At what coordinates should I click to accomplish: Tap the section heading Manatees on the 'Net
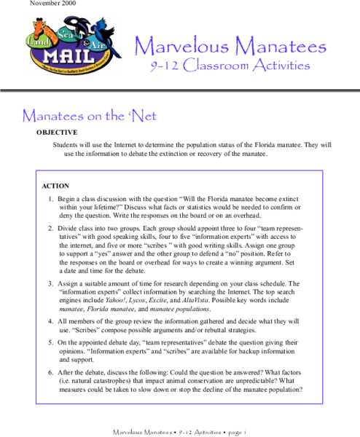90,116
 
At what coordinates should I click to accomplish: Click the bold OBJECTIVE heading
57,133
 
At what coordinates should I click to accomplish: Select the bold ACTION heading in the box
55,186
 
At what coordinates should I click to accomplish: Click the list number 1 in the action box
51,199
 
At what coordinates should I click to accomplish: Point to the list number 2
51,228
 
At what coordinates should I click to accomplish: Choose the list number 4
51,320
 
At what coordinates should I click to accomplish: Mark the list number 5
51,342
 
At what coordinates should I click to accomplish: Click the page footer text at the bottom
179,431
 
